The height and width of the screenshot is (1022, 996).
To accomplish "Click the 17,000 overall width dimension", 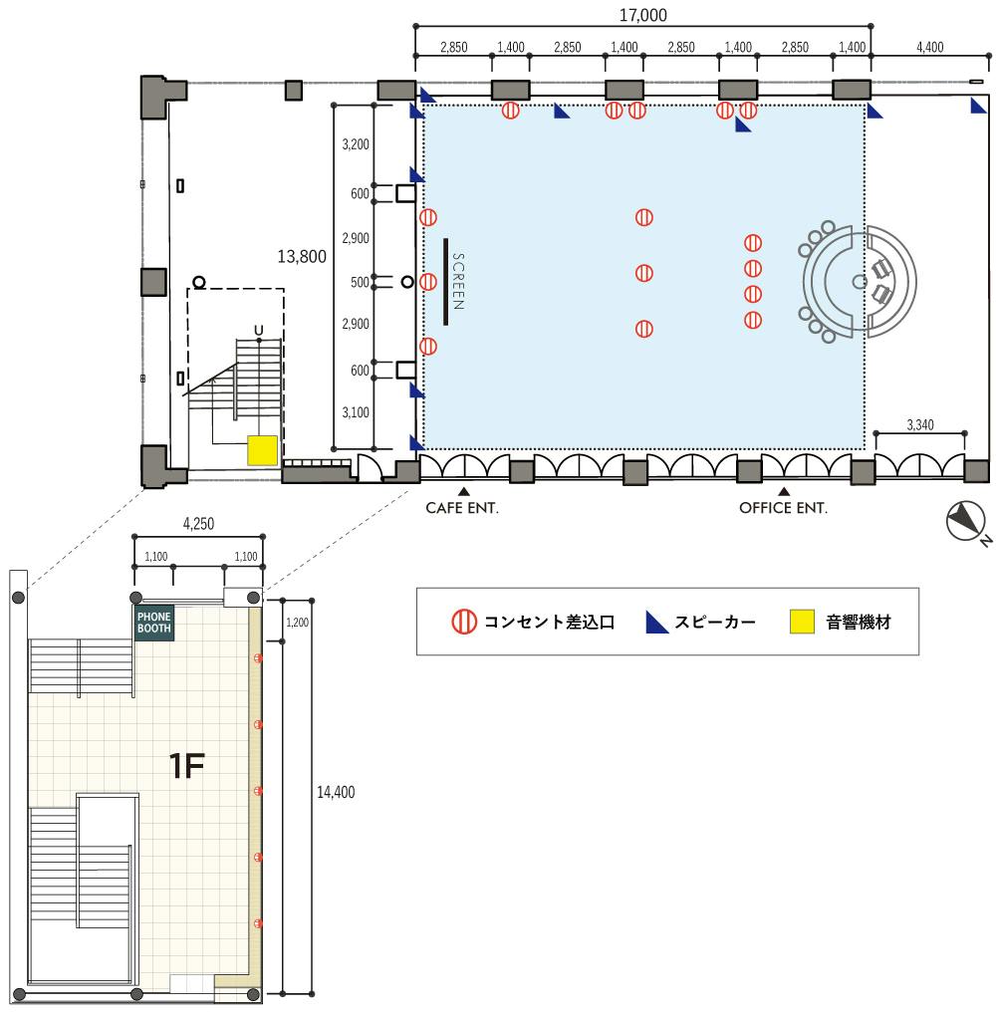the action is pyautogui.click(x=642, y=15).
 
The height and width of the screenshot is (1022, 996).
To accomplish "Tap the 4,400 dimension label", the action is pyautogui.click(x=929, y=47).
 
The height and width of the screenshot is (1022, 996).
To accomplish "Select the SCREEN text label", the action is pyautogui.click(x=458, y=282).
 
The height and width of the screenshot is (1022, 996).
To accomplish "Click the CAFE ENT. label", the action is pyautogui.click(x=462, y=508).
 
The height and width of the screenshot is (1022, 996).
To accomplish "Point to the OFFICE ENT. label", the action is pyautogui.click(x=783, y=508).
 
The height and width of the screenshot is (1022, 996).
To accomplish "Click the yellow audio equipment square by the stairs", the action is pyautogui.click(x=263, y=450).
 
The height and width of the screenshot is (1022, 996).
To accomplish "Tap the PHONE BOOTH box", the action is pyautogui.click(x=153, y=624).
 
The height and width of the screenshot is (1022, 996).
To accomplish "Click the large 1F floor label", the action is pyautogui.click(x=187, y=765).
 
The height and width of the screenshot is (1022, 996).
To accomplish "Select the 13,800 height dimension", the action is pyautogui.click(x=302, y=257).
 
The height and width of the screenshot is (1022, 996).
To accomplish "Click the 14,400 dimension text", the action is pyautogui.click(x=336, y=792).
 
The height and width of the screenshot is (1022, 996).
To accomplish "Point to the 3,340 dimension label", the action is pyautogui.click(x=919, y=425).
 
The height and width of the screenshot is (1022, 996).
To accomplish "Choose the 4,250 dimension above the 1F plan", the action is pyautogui.click(x=198, y=523).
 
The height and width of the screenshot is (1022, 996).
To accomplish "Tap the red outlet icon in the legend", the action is pyautogui.click(x=464, y=622).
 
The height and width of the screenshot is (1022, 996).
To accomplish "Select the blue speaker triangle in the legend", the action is pyautogui.click(x=656, y=623).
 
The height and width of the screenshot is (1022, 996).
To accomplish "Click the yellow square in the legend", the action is pyautogui.click(x=802, y=622).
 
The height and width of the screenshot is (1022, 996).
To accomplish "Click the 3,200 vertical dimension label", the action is pyautogui.click(x=356, y=144).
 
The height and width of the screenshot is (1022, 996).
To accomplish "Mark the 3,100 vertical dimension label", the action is pyautogui.click(x=356, y=412).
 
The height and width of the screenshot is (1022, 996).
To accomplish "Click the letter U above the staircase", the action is pyautogui.click(x=259, y=331).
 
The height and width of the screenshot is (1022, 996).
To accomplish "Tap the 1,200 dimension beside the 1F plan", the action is pyautogui.click(x=297, y=623).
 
